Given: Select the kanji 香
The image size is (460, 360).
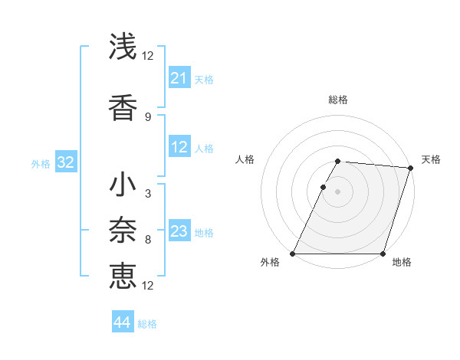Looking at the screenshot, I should point(123,106).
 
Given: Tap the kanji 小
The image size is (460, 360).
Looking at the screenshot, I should point(123,184).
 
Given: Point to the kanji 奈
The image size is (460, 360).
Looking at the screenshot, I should point(123,230).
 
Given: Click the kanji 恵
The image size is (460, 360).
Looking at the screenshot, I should point(123,275).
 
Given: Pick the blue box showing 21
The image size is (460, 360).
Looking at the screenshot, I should point(179,78).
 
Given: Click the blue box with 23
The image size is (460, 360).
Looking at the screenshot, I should point(179,232).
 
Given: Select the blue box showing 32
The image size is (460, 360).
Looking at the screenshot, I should point(65,163).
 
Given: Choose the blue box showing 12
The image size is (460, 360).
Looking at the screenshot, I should point(179,148).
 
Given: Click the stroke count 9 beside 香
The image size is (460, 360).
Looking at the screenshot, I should point(147,116).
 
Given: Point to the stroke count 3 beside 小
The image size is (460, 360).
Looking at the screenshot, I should point(147,194).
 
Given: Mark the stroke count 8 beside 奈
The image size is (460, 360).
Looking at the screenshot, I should point(147,240).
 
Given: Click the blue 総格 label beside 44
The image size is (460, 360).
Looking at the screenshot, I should point(147,324).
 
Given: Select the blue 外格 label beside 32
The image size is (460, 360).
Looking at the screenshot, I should point(41,164).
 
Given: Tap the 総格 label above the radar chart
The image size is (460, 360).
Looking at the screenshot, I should point(338,100).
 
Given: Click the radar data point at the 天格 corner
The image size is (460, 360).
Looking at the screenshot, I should point(411,168).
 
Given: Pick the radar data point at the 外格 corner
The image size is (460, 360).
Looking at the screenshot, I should point(293,254).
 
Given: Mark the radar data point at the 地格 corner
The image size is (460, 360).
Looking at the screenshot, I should point(383,254).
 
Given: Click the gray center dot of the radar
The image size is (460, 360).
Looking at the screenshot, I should point(338,191).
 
